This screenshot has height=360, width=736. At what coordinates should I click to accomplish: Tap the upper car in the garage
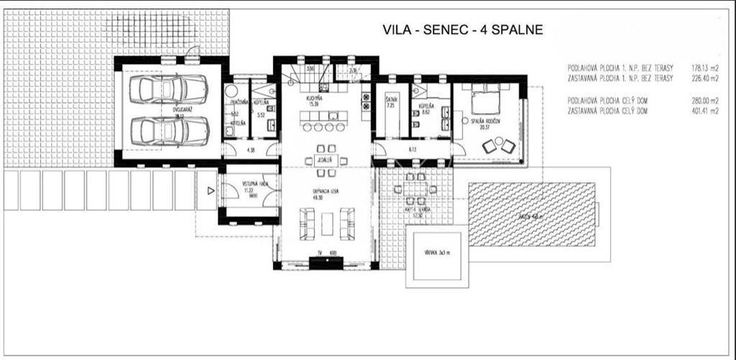pyautogui.click(x=169, y=90)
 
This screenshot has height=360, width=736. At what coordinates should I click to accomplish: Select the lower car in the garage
pyautogui.click(x=169, y=131)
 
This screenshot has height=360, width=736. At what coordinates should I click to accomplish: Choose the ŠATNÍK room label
pyautogui.click(x=391, y=101)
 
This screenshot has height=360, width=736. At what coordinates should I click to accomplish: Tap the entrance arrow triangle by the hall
pyautogui.click(x=210, y=190)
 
